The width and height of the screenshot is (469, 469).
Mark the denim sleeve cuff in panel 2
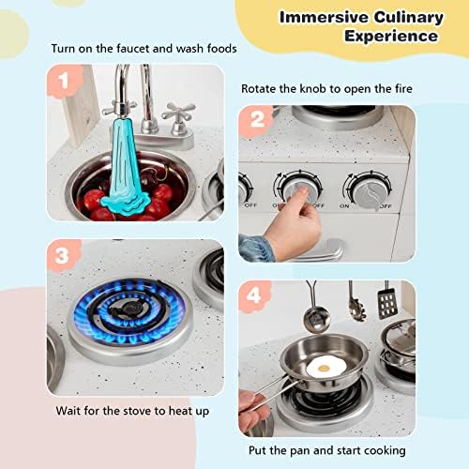pyautogui.click(x=255, y=247)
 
